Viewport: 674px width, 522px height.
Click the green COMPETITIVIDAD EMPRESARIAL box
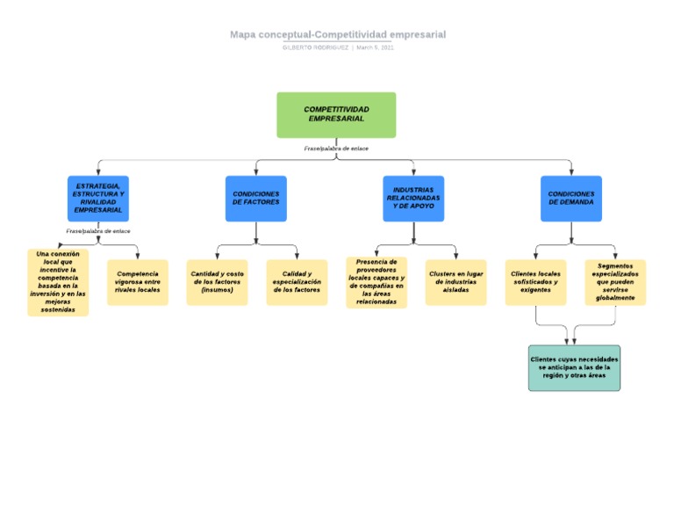tap(336, 115)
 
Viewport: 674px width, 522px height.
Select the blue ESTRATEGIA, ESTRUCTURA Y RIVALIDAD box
tap(98, 199)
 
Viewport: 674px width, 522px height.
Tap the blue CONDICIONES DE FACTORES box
tap(256, 199)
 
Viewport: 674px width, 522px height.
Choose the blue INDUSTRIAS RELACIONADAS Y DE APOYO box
tap(413, 199)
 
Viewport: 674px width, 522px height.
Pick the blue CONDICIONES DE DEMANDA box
tap(571, 199)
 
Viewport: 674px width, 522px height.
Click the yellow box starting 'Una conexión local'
tap(58, 282)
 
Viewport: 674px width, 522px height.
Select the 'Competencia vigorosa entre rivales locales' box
tap(138, 282)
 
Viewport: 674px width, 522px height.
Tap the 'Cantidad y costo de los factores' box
tap(217, 282)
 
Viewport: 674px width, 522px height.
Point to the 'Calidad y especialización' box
tap(297, 282)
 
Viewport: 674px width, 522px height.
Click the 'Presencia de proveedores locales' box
tap(376, 282)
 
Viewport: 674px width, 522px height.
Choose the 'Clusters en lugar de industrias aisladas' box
tap(455, 282)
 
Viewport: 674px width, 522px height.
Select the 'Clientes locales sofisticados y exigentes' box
tap(535, 282)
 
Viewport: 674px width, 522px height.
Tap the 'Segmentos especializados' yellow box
tap(615, 282)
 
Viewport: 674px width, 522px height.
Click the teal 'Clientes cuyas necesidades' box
tap(574, 367)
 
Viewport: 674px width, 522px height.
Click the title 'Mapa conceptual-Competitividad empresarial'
tap(338, 34)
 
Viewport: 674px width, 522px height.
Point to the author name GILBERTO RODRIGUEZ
tap(315, 47)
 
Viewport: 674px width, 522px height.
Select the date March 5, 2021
tap(375, 47)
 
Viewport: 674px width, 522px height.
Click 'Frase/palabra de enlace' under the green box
tap(336, 149)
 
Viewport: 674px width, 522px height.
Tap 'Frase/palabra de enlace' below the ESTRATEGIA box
tap(98, 230)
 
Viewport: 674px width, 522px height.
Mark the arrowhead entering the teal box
tap(574, 341)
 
